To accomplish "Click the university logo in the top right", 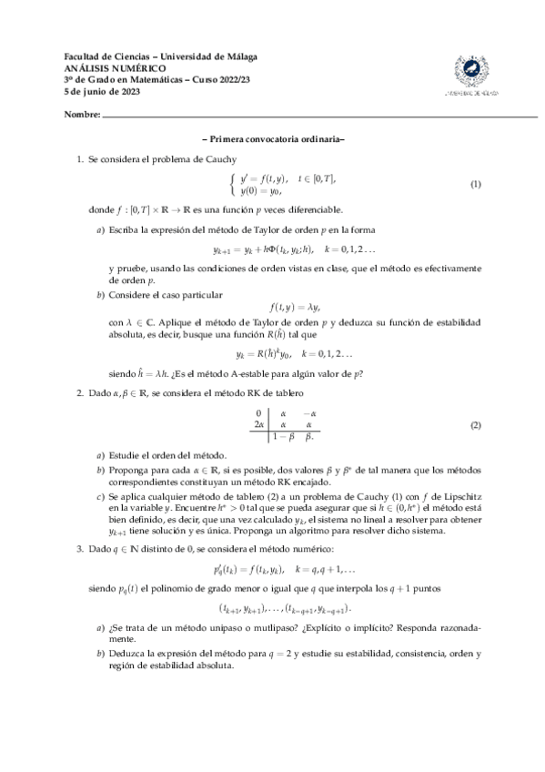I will pos(470,74).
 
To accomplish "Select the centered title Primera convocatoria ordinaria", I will pos(272,139).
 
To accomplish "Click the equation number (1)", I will pos(474,185).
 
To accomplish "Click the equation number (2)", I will pos(474,426).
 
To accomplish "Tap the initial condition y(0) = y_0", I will pos(261,191).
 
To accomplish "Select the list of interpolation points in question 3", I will pos(285,607).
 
